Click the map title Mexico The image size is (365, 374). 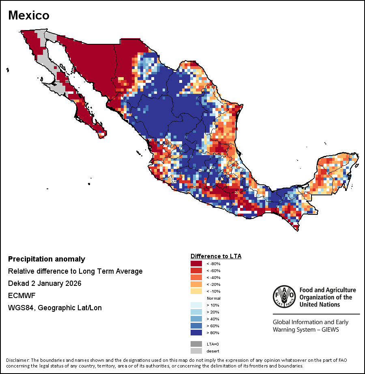[x=29, y=15]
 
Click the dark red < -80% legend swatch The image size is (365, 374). [x=197, y=264]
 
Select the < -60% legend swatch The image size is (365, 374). [x=197, y=270]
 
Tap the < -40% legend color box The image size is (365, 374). [x=197, y=277]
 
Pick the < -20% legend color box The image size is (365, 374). [x=197, y=284]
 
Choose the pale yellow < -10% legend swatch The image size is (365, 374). [x=197, y=291]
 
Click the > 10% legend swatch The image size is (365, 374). [x=197, y=305]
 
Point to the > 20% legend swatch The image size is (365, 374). [x=197, y=312]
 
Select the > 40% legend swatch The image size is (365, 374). [x=197, y=319]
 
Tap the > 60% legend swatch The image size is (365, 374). [x=197, y=326]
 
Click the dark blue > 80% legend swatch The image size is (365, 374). [x=197, y=333]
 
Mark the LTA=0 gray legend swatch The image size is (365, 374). [x=197, y=344]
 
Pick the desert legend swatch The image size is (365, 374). [x=197, y=351]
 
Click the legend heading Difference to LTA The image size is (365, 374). [x=216, y=256]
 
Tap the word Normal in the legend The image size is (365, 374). [x=213, y=298]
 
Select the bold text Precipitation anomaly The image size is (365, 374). [x=47, y=259]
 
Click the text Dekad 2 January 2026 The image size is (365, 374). [x=45, y=283]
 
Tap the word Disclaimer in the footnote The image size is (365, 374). [x=18, y=360]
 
